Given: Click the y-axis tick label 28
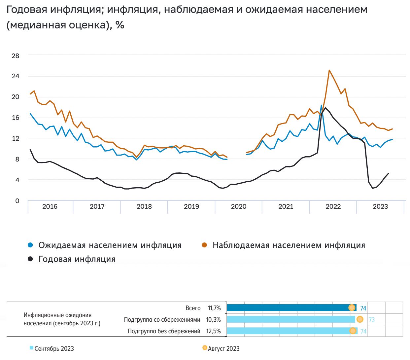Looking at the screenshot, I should tap(16, 56).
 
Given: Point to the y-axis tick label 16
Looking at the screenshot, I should tap(16, 118).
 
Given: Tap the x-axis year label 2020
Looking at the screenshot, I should tap(238, 207).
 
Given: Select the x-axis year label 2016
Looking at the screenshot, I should tap(50, 207).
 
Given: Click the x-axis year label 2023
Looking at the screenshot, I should tap(380, 207).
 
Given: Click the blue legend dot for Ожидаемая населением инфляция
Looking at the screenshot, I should tap(30, 245).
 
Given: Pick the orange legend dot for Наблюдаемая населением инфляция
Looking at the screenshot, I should tap(205, 245).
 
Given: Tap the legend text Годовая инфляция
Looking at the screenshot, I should tap(77, 259).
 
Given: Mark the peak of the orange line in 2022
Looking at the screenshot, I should tap(329, 70).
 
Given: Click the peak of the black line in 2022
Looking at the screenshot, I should tap(325, 108).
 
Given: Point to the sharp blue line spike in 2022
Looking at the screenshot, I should tap(321, 106).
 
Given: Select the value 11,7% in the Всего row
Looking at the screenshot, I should tap(214, 308).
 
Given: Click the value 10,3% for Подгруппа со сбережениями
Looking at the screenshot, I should tap(213, 320).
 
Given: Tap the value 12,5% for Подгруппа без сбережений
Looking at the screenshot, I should tap(213, 331).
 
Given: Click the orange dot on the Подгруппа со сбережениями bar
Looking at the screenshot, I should tap(360, 319).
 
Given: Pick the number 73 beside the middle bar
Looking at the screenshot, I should tap(372, 320).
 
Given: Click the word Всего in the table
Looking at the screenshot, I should tap(193, 308).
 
